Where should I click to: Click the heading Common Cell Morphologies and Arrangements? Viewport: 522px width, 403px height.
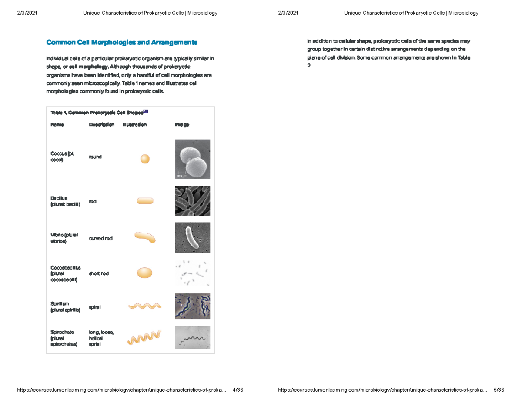coord(122,43)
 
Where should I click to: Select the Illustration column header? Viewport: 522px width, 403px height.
coord(134,125)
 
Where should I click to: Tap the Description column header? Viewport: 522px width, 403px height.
coord(101,125)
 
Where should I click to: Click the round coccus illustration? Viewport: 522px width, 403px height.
coord(145,159)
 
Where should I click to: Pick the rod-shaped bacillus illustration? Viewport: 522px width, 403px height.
coord(145,201)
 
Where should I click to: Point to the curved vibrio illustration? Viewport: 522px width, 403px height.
coord(145,237)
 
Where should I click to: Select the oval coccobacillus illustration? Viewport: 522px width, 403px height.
coord(145,273)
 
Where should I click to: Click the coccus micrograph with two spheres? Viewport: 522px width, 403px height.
coord(192,159)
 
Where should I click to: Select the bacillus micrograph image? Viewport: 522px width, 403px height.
coord(192,200)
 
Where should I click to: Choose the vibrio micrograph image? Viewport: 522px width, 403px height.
coord(192,237)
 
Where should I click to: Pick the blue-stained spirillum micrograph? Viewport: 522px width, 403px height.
coord(192,306)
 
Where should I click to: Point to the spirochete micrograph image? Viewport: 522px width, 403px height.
coord(192,337)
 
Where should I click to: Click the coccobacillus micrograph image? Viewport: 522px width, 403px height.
coord(192,273)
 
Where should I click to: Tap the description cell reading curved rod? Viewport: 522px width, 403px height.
coord(100,238)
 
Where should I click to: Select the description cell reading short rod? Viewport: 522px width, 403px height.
coord(99,273)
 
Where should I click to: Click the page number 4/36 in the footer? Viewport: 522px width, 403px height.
coord(238,390)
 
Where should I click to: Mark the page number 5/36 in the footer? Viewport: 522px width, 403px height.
coord(499,390)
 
